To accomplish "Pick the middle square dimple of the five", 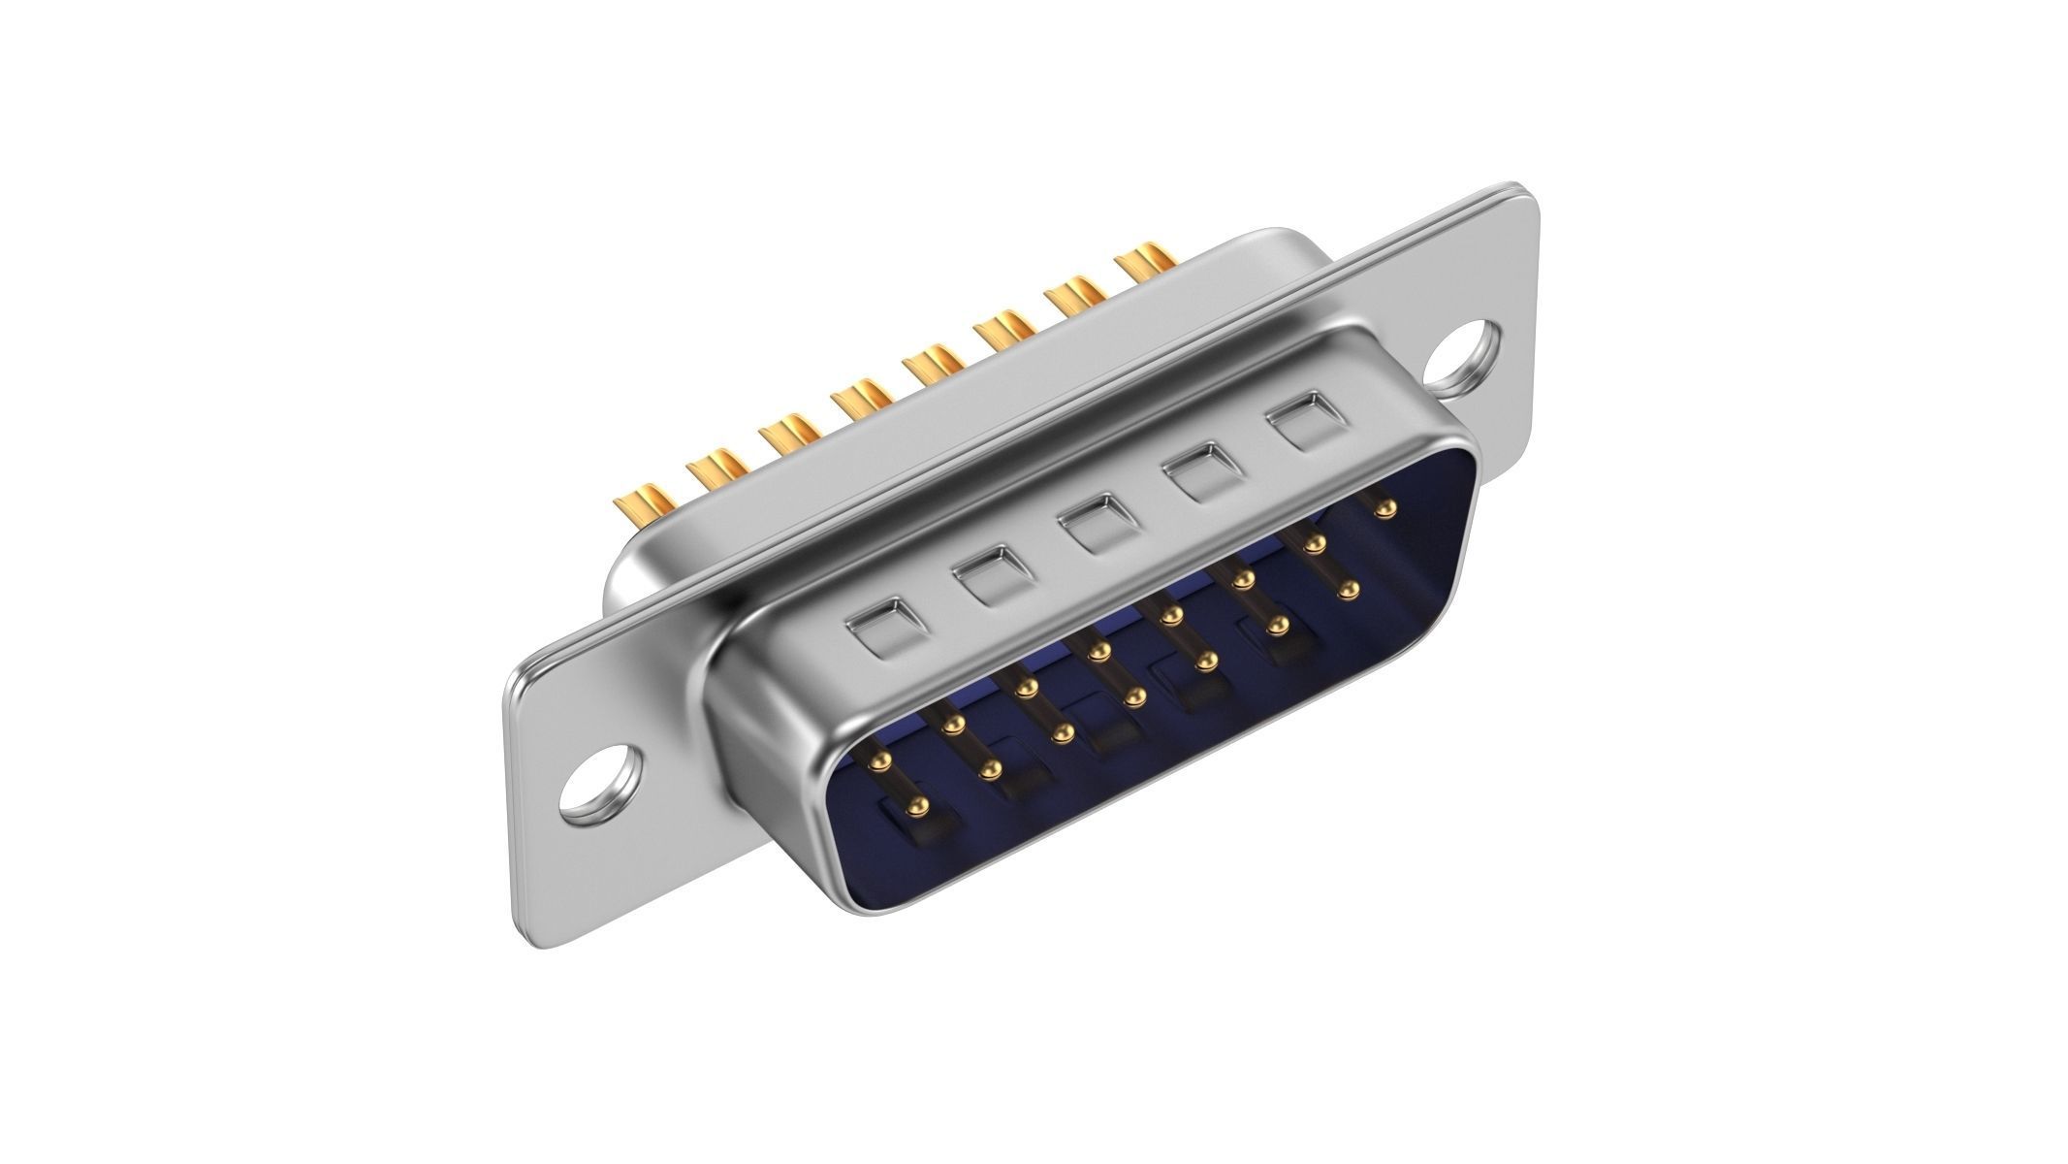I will pyautogui.click(x=1093, y=524).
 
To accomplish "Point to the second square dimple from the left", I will pyautogui.click(x=985, y=576).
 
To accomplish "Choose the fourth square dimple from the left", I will pyautogui.click(x=1199, y=471).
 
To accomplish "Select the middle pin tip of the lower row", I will pyautogui.click(x=1134, y=695).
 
